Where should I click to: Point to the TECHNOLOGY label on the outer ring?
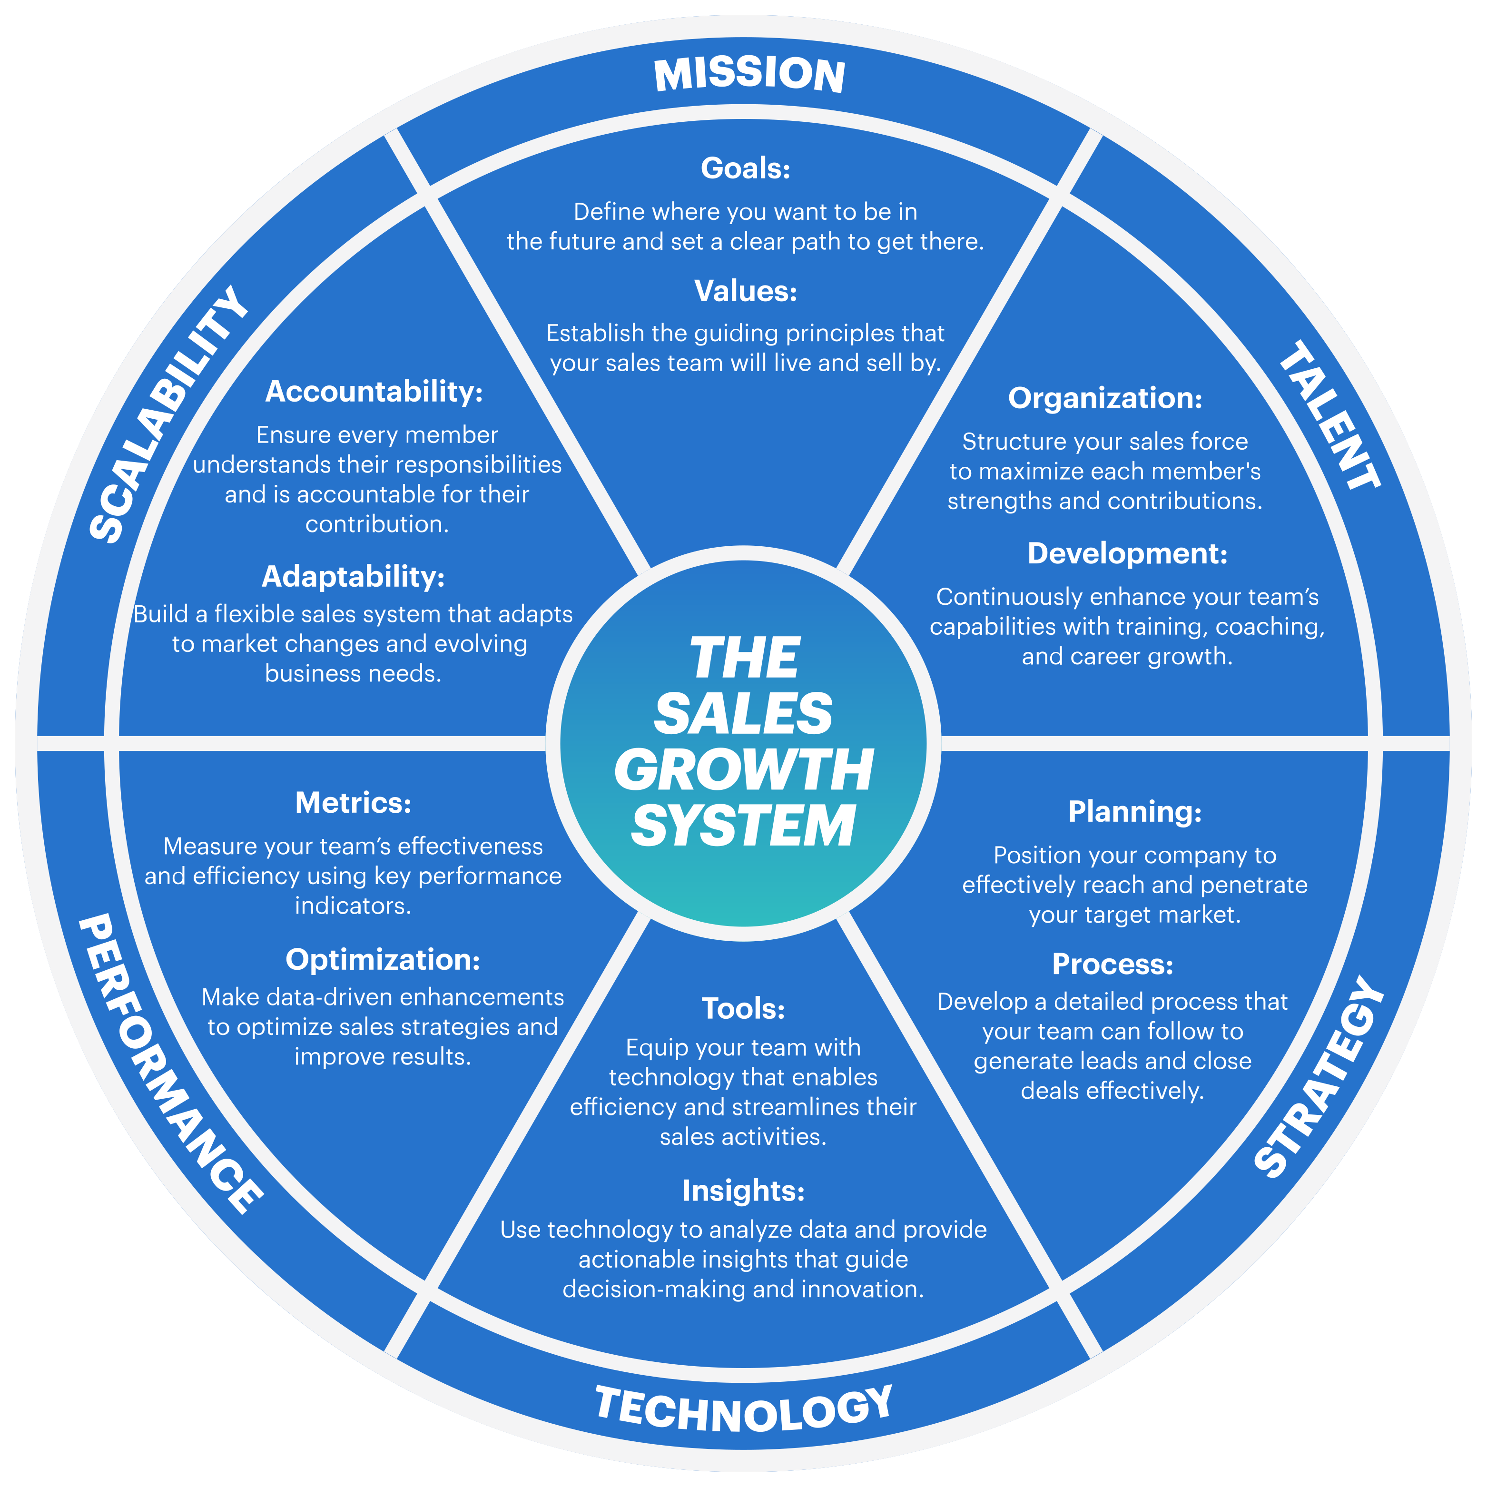(x=743, y=1410)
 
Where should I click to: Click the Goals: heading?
(x=745, y=168)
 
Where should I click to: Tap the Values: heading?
(x=745, y=291)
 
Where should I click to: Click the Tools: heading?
(x=743, y=1008)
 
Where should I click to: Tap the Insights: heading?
(x=743, y=1191)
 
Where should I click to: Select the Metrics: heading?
(x=353, y=803)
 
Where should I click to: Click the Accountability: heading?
(x=374, y=392)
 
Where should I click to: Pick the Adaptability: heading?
(x=353, y=577)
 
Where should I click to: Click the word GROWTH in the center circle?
(x=743, y=769)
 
